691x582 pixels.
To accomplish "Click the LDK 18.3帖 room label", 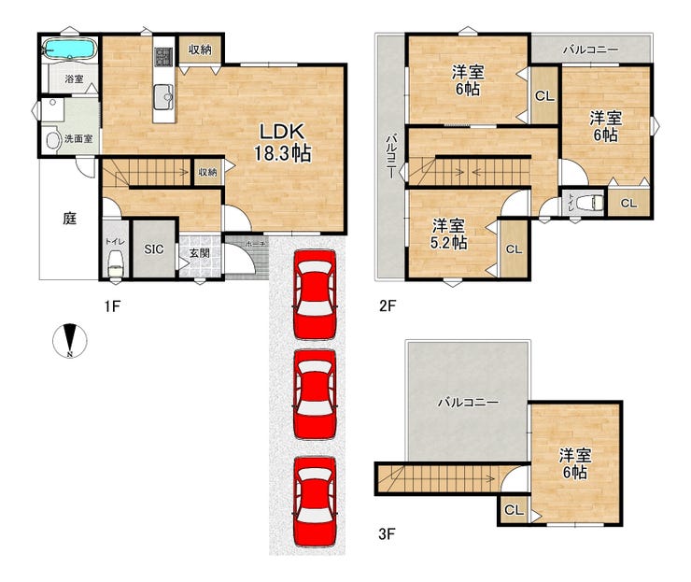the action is (x=283, y=142).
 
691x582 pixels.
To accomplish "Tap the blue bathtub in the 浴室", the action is (x=71, y=48).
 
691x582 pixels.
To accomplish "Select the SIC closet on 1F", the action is (x=154, y=249).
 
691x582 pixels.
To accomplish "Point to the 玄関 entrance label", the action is (x=199, y=253).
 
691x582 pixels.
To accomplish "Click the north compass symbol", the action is (x=70, y=340).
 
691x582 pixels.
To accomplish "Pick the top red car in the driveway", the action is (x=315, y=294).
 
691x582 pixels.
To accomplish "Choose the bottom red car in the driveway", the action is (x=315, y=502).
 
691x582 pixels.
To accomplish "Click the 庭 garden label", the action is (x=70, y=219).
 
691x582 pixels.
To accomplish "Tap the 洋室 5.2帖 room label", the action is (x=448, y=234).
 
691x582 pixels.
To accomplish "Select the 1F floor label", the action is (x=112, y=306).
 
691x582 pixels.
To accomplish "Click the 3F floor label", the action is (x=387, y=534).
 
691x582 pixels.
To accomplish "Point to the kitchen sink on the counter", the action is (x=163, y=95).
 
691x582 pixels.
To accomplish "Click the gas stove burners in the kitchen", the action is (x=164, y=57).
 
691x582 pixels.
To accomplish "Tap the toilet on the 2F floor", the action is (x=589, y=203).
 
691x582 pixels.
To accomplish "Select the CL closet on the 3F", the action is (x=514, y=510).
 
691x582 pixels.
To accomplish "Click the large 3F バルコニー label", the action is (x=468, y=403).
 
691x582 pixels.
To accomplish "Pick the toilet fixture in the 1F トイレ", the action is (x=116, y=263).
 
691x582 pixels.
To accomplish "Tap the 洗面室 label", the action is (x=78, y=138).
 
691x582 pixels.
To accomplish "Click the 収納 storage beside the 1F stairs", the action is (x=207, y=172).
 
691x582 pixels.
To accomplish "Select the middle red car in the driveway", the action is (x=315, y=394).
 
